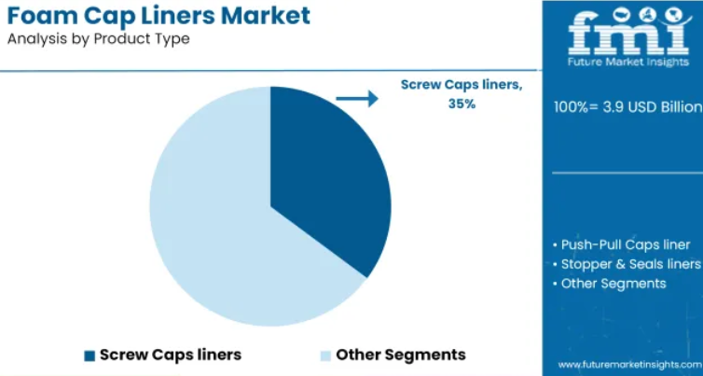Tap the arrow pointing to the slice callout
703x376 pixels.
(x=357, y=98)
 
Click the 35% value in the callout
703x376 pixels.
(x=462, y=104)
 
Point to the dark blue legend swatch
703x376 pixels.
(x=90, y=355)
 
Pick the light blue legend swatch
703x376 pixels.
(x=325, y=355)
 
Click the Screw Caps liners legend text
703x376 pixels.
(x=171, y=355)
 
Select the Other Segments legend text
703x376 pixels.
(x=401, y=355)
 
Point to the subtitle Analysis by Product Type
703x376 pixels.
(x=99, y=39)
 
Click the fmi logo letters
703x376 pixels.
(x=627, y=33)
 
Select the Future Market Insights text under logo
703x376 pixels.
(x=628, y=62)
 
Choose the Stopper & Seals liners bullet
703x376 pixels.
(x=627, y=264)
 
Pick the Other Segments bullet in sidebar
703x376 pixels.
(x=610, y=284)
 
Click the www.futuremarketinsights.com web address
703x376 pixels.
(x=630, y=364)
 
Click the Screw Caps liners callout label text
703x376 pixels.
(x=462, y=84)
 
